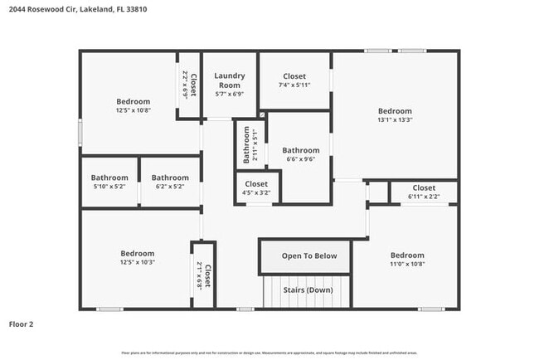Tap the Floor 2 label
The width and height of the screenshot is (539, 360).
22,324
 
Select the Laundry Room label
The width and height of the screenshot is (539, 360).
229,80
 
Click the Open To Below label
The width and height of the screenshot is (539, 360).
308,255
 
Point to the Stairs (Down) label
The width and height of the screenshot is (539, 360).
308,290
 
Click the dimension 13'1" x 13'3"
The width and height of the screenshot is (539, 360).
395,119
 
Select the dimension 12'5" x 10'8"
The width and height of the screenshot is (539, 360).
133,109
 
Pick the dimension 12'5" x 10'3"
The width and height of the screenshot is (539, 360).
137,262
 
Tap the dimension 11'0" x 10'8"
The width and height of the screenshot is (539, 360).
407,264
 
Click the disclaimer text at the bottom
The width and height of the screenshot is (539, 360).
269,353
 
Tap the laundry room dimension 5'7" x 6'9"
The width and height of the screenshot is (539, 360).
229,93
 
